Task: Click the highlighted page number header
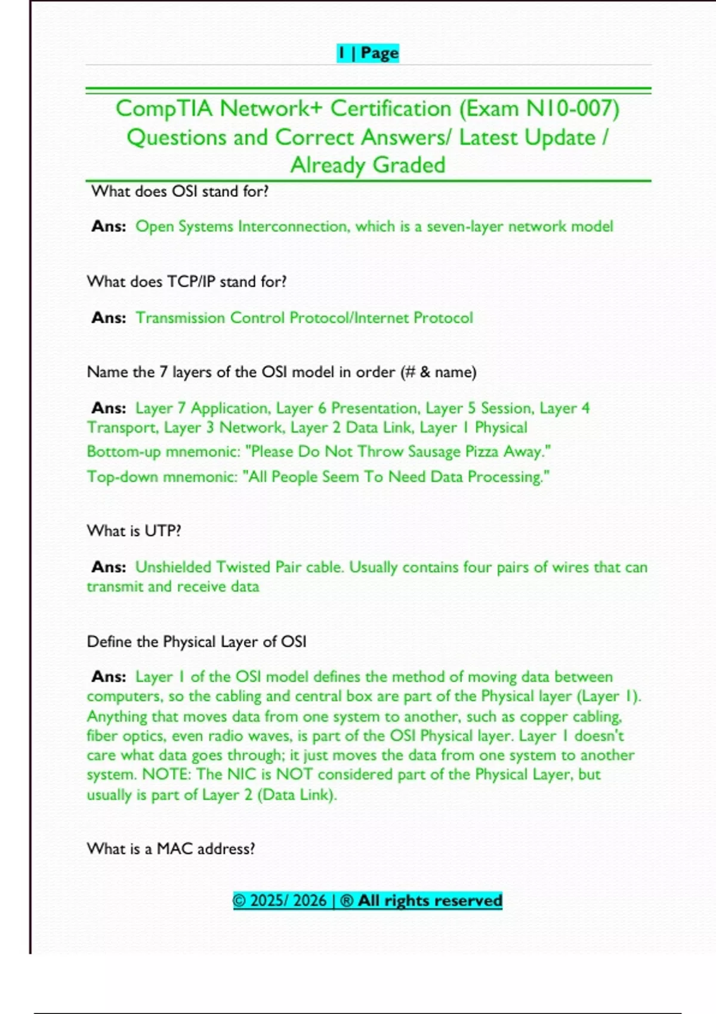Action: click(x=368, y=53)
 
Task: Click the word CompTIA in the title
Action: click(x=163, y=109)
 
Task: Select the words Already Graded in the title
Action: click(x=368, y=165)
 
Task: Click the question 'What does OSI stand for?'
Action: click(x=180, y=191)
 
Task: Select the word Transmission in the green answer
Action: click(x=180, y=318)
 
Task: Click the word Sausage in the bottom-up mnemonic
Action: click(x=434, y=452)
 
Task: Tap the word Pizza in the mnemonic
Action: click(x=481, y=452)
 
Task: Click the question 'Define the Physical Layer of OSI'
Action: click(x=196, y=642)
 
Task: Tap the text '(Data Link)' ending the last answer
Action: click(x=297, y=794)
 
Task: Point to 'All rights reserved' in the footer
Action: click(x=430, y=901)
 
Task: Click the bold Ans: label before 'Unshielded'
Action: click(x=109, y=567)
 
